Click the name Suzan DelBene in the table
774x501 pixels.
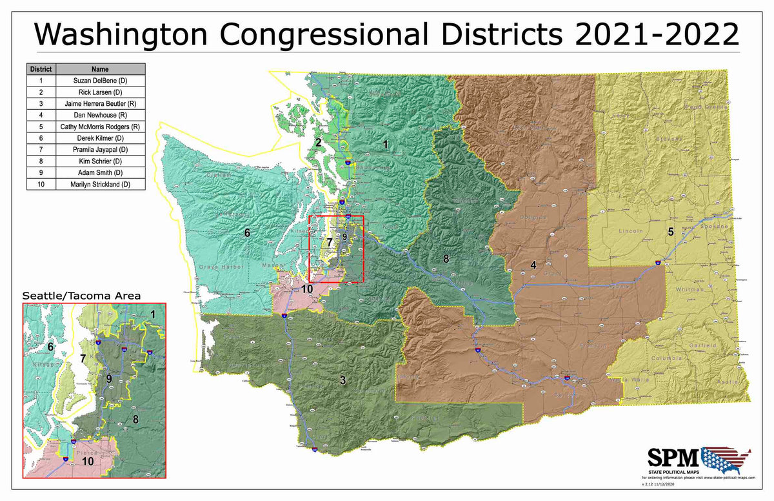100,81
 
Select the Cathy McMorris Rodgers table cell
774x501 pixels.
100,127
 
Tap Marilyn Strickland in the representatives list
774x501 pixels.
100,185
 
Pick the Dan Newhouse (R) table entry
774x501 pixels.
100,115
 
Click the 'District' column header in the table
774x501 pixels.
41,69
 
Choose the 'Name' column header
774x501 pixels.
100,69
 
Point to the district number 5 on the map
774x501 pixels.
670,231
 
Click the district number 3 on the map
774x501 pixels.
343,380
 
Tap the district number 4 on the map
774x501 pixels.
533,264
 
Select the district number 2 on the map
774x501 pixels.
318,143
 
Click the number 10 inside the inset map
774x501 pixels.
88,462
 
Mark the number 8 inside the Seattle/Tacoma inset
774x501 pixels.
135,419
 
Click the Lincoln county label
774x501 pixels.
631,230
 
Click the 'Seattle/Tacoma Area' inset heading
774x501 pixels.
82,295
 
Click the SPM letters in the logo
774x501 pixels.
673,458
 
